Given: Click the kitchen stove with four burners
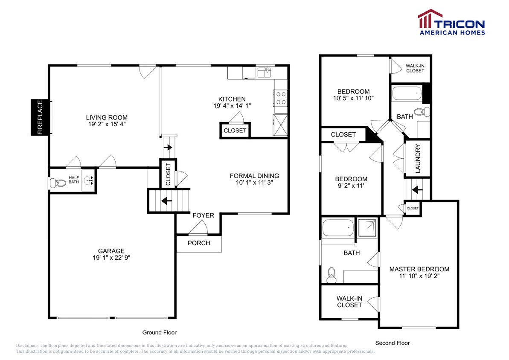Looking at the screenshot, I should [281, 98].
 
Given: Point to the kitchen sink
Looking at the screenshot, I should [264, 72].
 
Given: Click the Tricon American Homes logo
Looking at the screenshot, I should [451, 22].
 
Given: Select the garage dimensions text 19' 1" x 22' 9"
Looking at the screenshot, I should [111, 258].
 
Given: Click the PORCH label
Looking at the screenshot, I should [199, 243].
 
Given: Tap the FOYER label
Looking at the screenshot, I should [203, 215].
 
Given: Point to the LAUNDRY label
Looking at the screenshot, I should [418, 158].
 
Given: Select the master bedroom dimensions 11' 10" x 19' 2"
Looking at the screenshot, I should [419, 276].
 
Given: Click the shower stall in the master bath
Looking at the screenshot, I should [367, 228].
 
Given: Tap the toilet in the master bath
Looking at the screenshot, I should [331, 275].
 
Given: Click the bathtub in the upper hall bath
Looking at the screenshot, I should [406, 93].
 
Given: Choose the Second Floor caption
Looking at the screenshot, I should [392, 343].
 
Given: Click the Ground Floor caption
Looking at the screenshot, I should [159, 332].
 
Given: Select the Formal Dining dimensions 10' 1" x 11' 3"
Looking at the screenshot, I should [254, 182].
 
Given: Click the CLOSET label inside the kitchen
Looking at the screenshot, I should [235, 131].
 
